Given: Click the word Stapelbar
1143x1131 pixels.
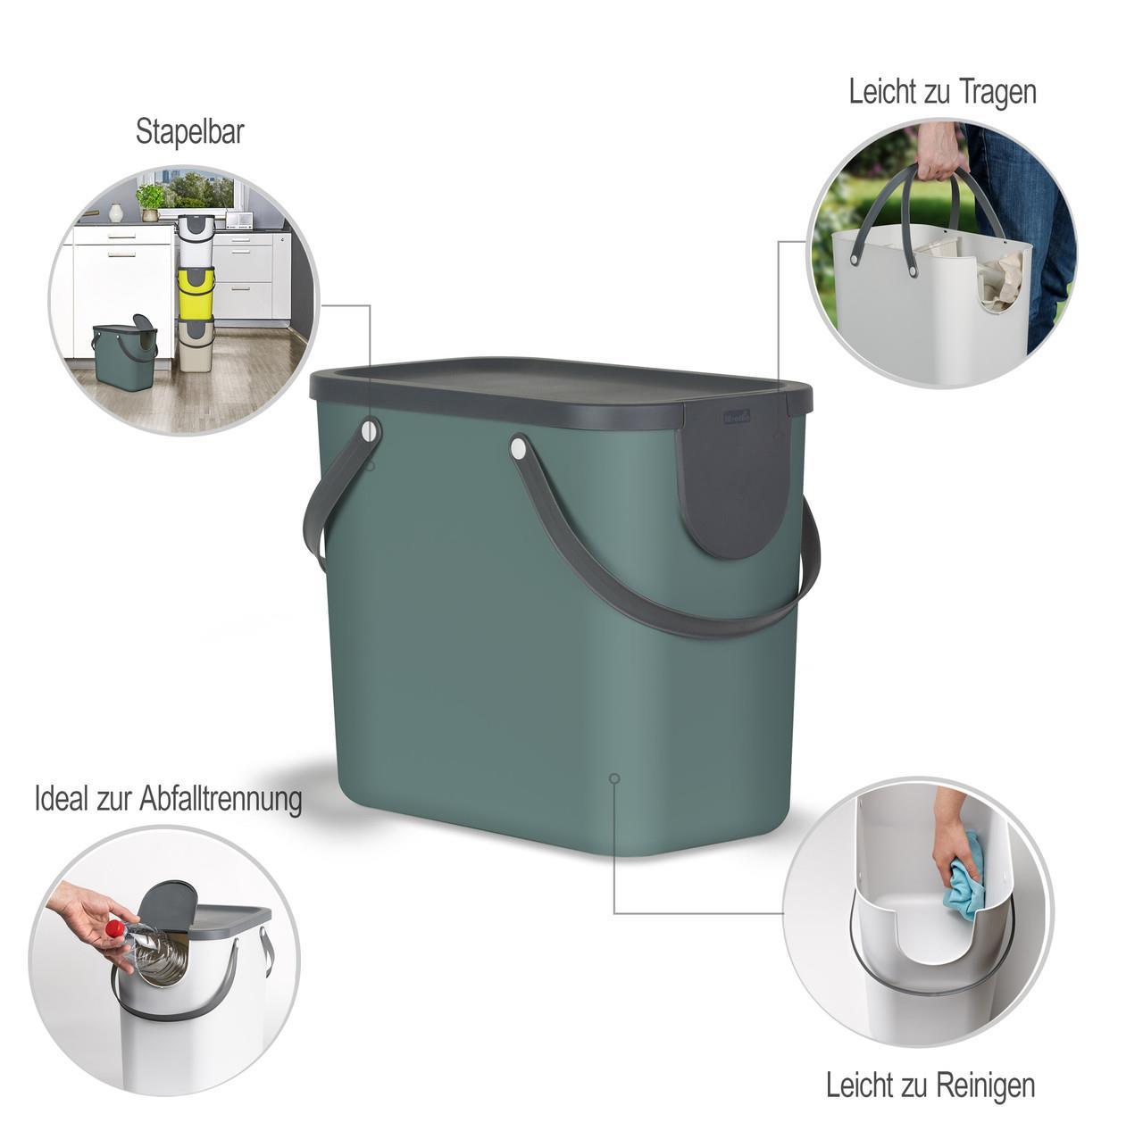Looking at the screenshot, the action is pyautogui.click(x=190, y=131).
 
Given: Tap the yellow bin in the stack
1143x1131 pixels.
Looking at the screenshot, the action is pyautogui.click(x=196, y=294).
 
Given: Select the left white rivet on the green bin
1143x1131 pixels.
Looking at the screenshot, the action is pyautogui.click(x=369, y=430).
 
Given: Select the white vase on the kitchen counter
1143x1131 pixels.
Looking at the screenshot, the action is pyautogui.click(x=116, y=213).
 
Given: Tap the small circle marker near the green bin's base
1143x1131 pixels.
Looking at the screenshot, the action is pyautogui.click(x=614, y=778).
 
